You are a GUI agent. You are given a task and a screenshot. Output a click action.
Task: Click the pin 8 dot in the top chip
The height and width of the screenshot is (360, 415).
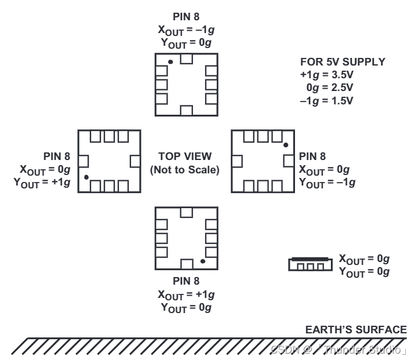170,62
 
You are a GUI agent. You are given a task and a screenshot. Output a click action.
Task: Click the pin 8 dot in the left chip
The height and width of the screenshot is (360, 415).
86,177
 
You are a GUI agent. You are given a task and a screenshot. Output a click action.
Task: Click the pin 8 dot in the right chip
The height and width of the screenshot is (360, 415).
286,145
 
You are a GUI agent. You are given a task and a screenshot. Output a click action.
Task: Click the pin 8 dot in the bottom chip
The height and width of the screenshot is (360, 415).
203,261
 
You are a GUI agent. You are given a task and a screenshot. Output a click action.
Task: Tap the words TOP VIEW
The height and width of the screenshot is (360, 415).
185,156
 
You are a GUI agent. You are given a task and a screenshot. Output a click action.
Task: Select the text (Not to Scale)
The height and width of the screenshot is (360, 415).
185,170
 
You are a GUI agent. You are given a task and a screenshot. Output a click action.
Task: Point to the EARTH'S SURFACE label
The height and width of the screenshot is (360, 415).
356,329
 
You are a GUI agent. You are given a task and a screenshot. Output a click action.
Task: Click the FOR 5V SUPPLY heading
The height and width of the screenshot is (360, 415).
343,61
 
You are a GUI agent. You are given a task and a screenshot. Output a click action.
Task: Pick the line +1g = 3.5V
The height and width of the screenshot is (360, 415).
326,75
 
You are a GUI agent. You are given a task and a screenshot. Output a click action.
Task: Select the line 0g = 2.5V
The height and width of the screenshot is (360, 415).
330,88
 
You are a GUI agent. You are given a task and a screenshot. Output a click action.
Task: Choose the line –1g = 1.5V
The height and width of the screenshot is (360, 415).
326,101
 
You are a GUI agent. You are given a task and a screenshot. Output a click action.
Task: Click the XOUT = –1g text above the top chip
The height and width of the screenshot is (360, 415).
186,30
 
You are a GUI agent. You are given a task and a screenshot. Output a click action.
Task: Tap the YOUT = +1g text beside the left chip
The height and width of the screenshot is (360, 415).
42,183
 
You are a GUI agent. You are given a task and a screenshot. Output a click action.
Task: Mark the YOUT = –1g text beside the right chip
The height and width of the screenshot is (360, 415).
327,183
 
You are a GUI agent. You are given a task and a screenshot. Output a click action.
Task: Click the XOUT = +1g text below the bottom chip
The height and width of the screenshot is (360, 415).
186,295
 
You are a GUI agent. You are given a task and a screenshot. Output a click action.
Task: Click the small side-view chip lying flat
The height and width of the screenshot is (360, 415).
311,264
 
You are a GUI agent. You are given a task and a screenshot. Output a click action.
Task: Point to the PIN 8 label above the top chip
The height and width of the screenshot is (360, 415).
186,16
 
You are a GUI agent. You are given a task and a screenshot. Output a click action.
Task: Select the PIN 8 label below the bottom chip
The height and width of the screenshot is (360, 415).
186,281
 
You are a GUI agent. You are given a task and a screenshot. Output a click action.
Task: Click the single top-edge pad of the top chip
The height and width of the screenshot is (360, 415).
186,59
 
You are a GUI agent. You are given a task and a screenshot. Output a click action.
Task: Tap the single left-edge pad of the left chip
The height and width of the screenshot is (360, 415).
83,161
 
